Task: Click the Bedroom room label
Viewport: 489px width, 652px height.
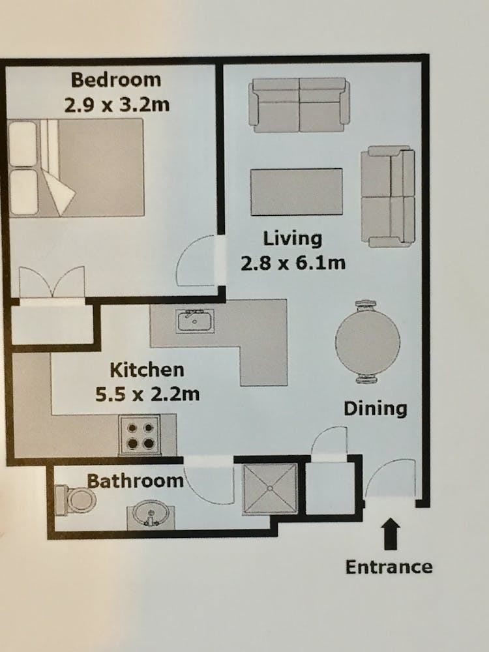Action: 116,80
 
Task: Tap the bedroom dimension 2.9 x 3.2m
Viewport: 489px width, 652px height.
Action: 117,104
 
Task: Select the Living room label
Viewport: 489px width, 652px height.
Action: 293,239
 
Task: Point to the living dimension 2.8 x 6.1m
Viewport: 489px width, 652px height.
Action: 293,263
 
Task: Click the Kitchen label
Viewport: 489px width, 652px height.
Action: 147,370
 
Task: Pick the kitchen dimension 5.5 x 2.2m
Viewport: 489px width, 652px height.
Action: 147,394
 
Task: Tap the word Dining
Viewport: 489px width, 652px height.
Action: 375,409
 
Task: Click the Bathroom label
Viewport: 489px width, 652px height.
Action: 135,481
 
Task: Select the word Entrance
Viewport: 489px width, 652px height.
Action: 389,567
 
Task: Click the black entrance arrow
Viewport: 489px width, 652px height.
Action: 391,533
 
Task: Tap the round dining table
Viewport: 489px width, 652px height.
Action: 368,341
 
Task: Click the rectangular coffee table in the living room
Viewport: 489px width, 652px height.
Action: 297,192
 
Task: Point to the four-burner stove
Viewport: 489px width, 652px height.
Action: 140,434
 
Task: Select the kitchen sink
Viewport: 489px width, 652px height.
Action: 195,321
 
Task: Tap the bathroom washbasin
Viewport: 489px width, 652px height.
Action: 151,515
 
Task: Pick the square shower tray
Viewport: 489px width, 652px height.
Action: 270,488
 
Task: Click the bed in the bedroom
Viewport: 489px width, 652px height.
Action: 76,168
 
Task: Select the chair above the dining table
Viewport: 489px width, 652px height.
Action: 366,304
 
